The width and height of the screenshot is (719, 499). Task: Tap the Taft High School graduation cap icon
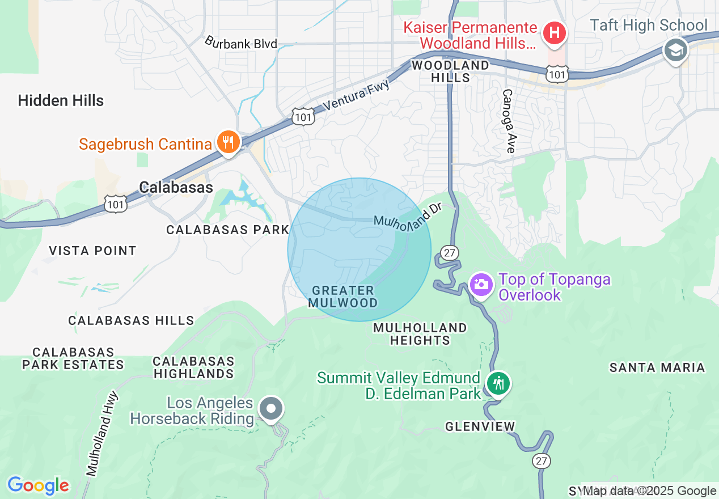click(675, 50)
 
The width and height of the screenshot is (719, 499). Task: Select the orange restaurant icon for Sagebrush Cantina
click(228, 142)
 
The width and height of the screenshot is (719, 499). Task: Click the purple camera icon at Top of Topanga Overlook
click(481, 284)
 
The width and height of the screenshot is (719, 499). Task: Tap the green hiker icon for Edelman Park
click(498, 384)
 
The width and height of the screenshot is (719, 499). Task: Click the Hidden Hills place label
click(61, 101)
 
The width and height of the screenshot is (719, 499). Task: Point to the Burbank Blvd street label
click(241, 43)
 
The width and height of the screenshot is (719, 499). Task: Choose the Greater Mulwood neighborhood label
click(343, 297)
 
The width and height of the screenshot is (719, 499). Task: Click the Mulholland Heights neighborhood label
click(420, 334)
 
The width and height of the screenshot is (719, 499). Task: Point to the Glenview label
click(480, 426)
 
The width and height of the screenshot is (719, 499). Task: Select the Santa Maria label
click(657, 368)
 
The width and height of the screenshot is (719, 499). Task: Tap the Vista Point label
click(92, 251)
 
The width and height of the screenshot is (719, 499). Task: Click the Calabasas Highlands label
click(193, 367)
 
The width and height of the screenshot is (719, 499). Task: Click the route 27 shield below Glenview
click(541, 461)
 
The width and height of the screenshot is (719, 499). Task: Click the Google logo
click(38, 486)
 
